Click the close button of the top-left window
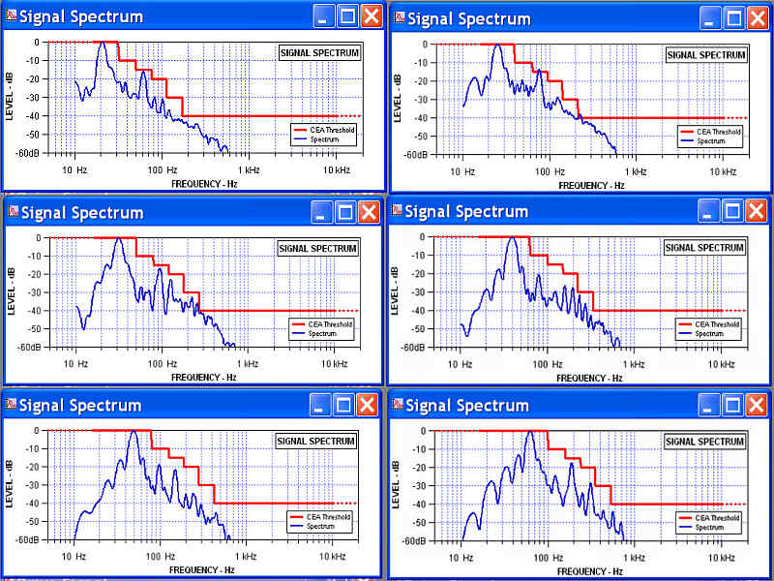[x=371, y=16]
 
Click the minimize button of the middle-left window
[x=320, y=212]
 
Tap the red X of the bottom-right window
[x=755, y=404]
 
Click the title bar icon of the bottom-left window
[x=11, y=405]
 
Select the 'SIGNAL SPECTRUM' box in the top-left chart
[x=318, y=52]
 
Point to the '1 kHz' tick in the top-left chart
[x=247, y=169]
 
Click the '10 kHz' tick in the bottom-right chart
[x=721, y=558]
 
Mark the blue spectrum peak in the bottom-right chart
[x=529, y=431]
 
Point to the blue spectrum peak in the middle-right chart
[x=513, y=238]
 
